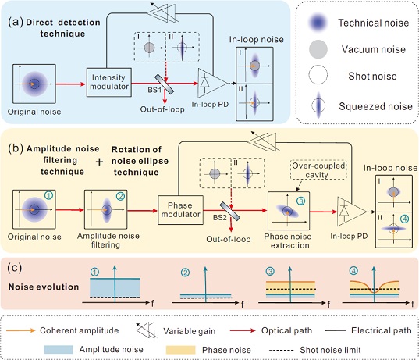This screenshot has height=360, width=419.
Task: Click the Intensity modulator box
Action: click(109, 82)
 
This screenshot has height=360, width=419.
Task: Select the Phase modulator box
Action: click(180, 210)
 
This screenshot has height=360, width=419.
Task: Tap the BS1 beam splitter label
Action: click(154, 90)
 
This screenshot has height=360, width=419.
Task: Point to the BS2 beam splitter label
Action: click(220, 218)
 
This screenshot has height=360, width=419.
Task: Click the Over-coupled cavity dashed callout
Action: click(318, 169)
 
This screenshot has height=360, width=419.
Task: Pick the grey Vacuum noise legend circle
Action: click(318, 49)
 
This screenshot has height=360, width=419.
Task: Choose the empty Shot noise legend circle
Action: click(318, 75)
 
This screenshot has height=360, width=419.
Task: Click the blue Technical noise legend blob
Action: click(318, 23)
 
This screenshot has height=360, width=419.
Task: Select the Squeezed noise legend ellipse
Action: click(318, 105)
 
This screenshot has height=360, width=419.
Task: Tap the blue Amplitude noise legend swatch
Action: click(59, 350)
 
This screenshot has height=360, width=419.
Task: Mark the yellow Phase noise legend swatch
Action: click(181, 350)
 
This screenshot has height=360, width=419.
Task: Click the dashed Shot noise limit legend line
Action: click(281, 350)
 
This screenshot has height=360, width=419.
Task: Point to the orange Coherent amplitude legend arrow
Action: click(20, 330)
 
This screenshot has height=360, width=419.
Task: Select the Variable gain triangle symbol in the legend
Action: click(146, 330)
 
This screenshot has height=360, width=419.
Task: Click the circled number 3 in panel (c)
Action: click(270, 272)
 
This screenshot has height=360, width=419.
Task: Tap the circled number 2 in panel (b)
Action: click(120, 197)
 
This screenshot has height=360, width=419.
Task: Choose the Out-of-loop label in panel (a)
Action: click(162, 109)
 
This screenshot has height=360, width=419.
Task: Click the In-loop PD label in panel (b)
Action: click(349, 236)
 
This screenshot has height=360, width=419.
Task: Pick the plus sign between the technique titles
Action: click(99, 162)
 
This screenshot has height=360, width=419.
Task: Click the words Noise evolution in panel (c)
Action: click(44, 287)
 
